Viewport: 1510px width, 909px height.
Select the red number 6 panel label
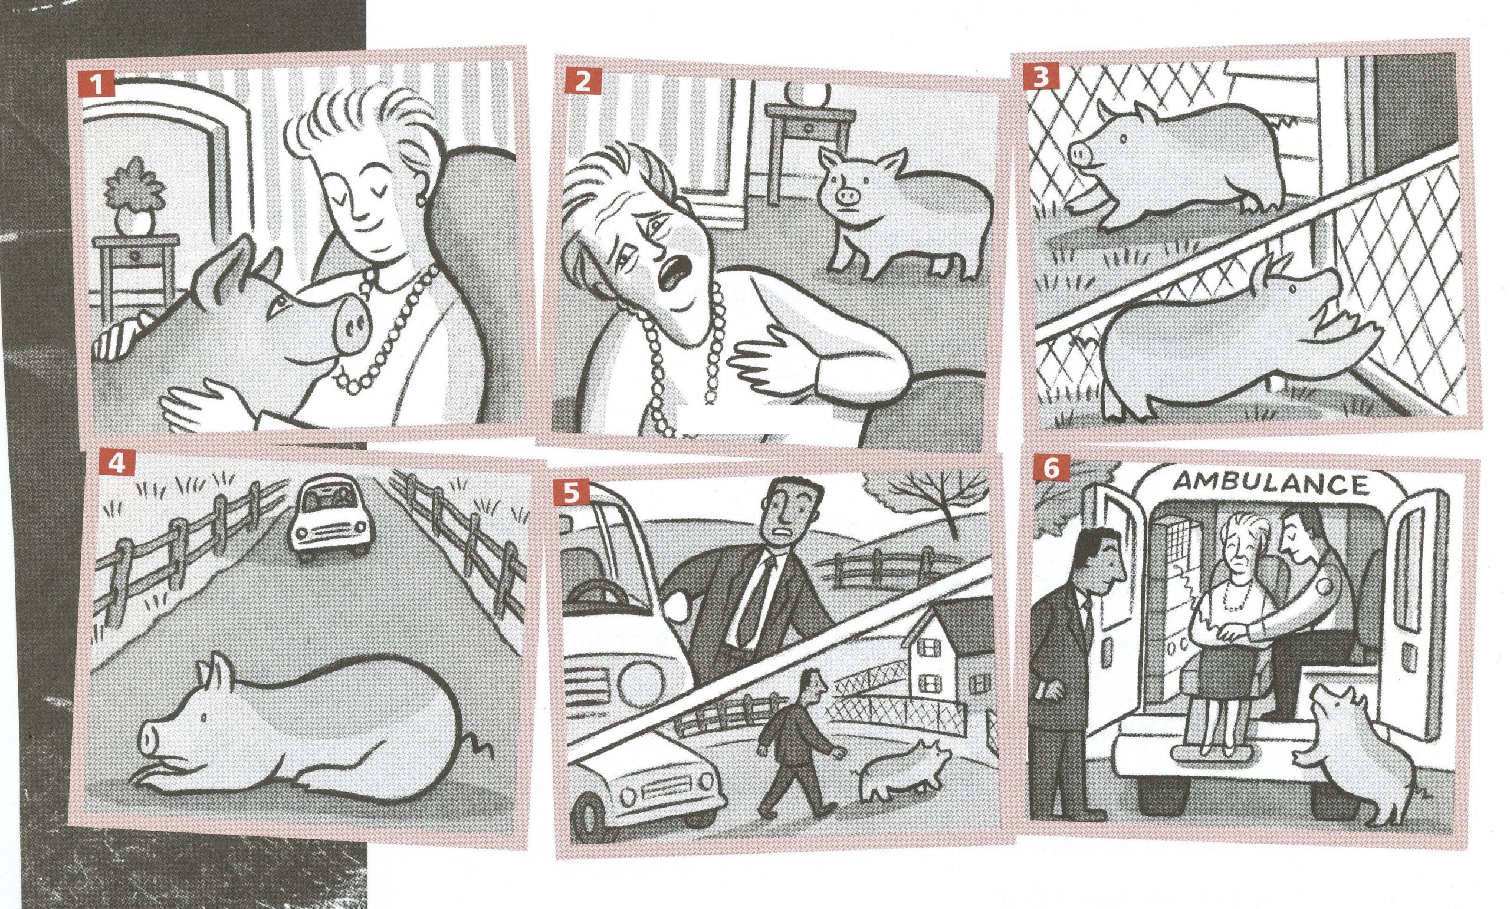pos(1050,469)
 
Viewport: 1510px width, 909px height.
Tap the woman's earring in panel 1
pos(422,200)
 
